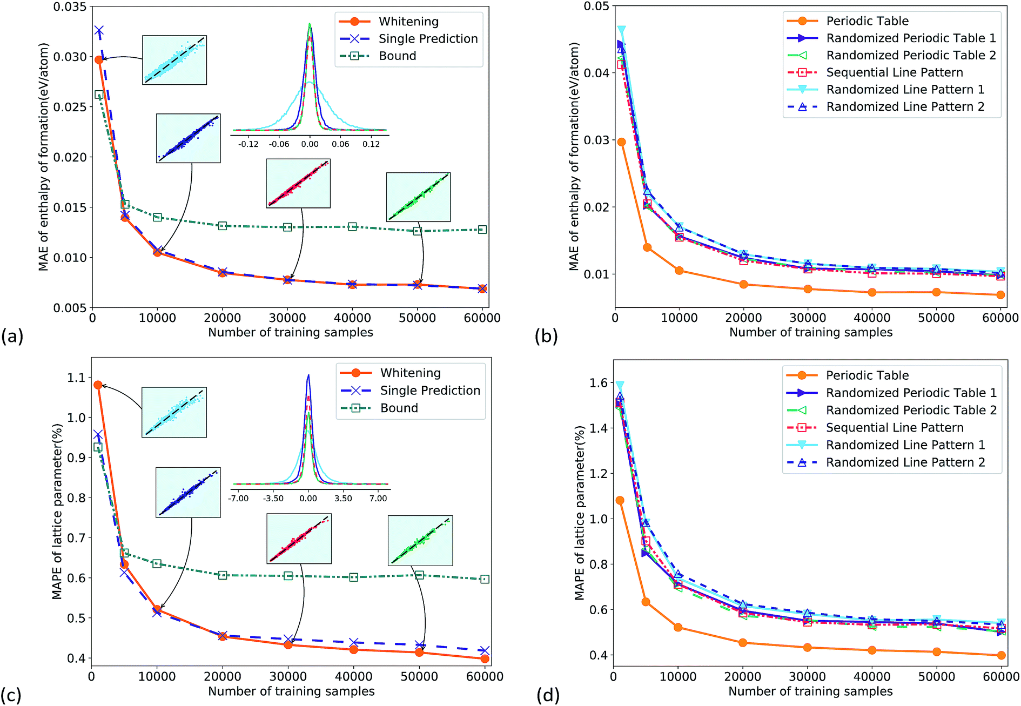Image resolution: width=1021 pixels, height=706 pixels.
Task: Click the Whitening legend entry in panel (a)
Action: click(408, 22)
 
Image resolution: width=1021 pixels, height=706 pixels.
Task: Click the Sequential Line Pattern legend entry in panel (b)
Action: click(894, 72)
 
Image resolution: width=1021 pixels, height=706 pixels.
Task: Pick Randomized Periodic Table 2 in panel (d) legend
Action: click(911, 410)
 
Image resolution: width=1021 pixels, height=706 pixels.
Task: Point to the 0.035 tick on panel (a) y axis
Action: click(70, 7)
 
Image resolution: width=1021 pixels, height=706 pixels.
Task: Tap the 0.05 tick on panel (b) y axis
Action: click(596, 6)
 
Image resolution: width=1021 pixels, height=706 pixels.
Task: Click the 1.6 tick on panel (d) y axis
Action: click(598, 383)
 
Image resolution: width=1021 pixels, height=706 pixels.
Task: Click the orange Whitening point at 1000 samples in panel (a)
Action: click(98, 60)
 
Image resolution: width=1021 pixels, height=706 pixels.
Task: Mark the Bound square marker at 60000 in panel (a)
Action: click(482, 230)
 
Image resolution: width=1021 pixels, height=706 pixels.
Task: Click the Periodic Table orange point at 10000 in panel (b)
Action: click(679, 271)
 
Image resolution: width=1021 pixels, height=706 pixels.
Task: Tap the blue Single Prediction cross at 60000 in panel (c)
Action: click(485, 650)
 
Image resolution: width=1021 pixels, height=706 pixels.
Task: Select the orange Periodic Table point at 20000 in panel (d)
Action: click(743, 643)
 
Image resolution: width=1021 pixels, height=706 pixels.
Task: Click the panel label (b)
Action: click(546, 337)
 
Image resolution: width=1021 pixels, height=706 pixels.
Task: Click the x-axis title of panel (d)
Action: click(810, 691)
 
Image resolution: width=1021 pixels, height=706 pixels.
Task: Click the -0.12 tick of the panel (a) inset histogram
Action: click(248, 144)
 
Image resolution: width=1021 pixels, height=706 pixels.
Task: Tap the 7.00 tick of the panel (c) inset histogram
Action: click(378, 498)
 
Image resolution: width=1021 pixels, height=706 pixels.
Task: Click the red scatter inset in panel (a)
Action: click(298, 183)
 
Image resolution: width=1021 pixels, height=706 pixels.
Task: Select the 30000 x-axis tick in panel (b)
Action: click(808, 318)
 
